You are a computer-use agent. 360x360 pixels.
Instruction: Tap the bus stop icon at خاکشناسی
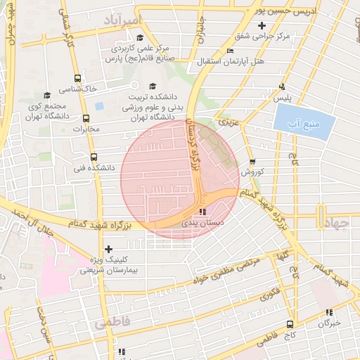pos(77,79)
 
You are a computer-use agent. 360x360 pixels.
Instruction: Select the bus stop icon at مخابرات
pos(86,118)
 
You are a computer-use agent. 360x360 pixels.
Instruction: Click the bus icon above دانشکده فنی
pos(94,157)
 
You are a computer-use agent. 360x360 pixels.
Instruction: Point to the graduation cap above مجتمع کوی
pos(47,95)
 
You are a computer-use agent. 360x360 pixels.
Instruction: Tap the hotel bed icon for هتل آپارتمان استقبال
pos(231,51)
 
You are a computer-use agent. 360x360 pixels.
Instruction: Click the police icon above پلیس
pos(282,87)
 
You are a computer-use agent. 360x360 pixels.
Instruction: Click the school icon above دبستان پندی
pos(202,211)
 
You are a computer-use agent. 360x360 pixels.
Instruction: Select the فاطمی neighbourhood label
pos(108,324)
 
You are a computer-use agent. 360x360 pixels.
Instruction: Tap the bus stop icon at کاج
pos(290,324)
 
